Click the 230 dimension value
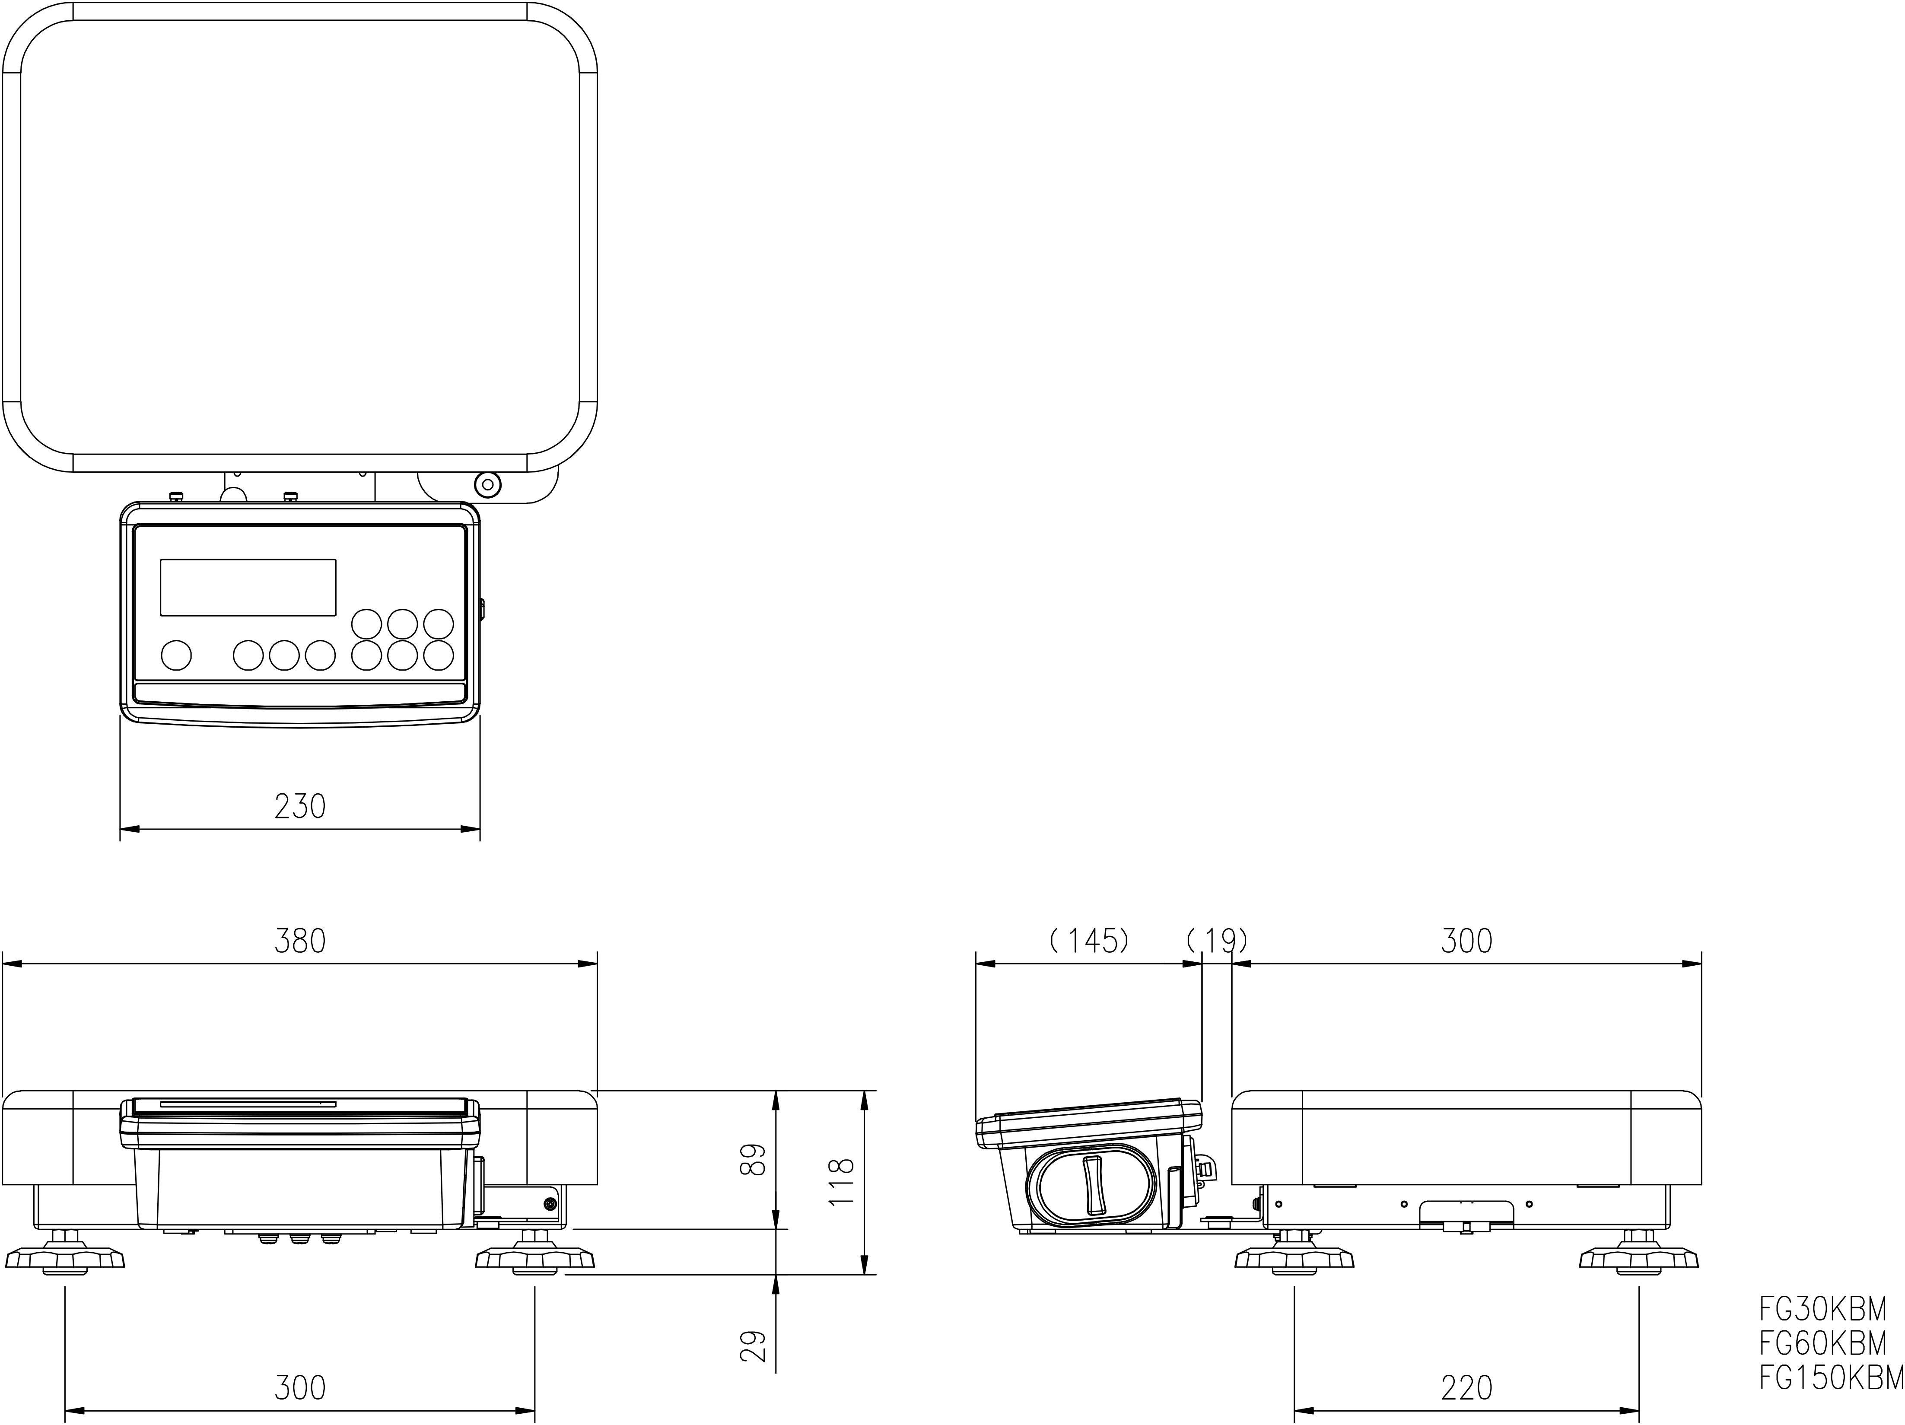point(300,807)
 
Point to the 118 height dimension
point(840,1182)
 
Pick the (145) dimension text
point(1088,941)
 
